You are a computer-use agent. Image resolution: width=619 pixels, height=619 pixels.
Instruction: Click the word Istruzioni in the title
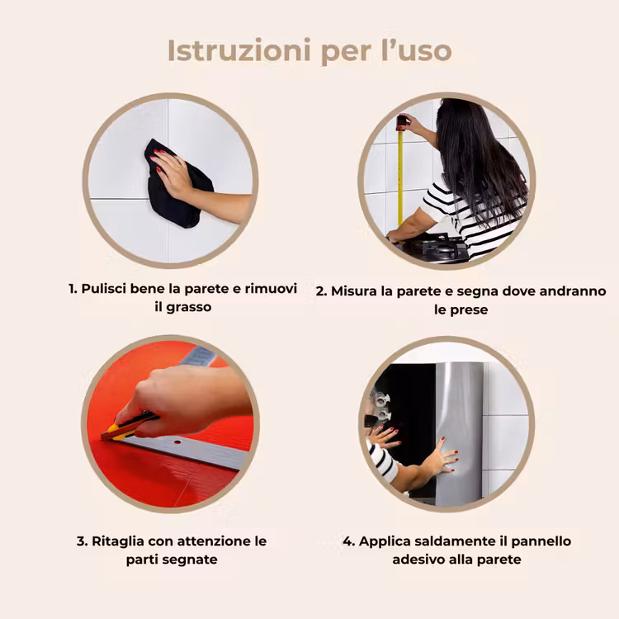(x=239, y=50)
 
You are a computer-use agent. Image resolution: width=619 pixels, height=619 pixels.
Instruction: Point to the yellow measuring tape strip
(x=400, y=177)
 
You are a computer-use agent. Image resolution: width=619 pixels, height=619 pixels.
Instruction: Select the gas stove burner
(x=438, y=247)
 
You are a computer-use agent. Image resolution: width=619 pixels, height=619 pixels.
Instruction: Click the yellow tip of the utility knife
(x=111, y=431)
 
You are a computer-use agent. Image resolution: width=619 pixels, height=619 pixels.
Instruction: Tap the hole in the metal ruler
(x=177, y=442)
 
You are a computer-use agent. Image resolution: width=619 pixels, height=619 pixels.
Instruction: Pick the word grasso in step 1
(x=189, y=308)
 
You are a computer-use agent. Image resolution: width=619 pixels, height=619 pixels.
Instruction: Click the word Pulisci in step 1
(x=104, y=289)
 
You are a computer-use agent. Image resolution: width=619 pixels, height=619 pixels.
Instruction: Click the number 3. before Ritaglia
(x=82, y=541)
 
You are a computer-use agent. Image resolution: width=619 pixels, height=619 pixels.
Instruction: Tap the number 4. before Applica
(x=349, y=541)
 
